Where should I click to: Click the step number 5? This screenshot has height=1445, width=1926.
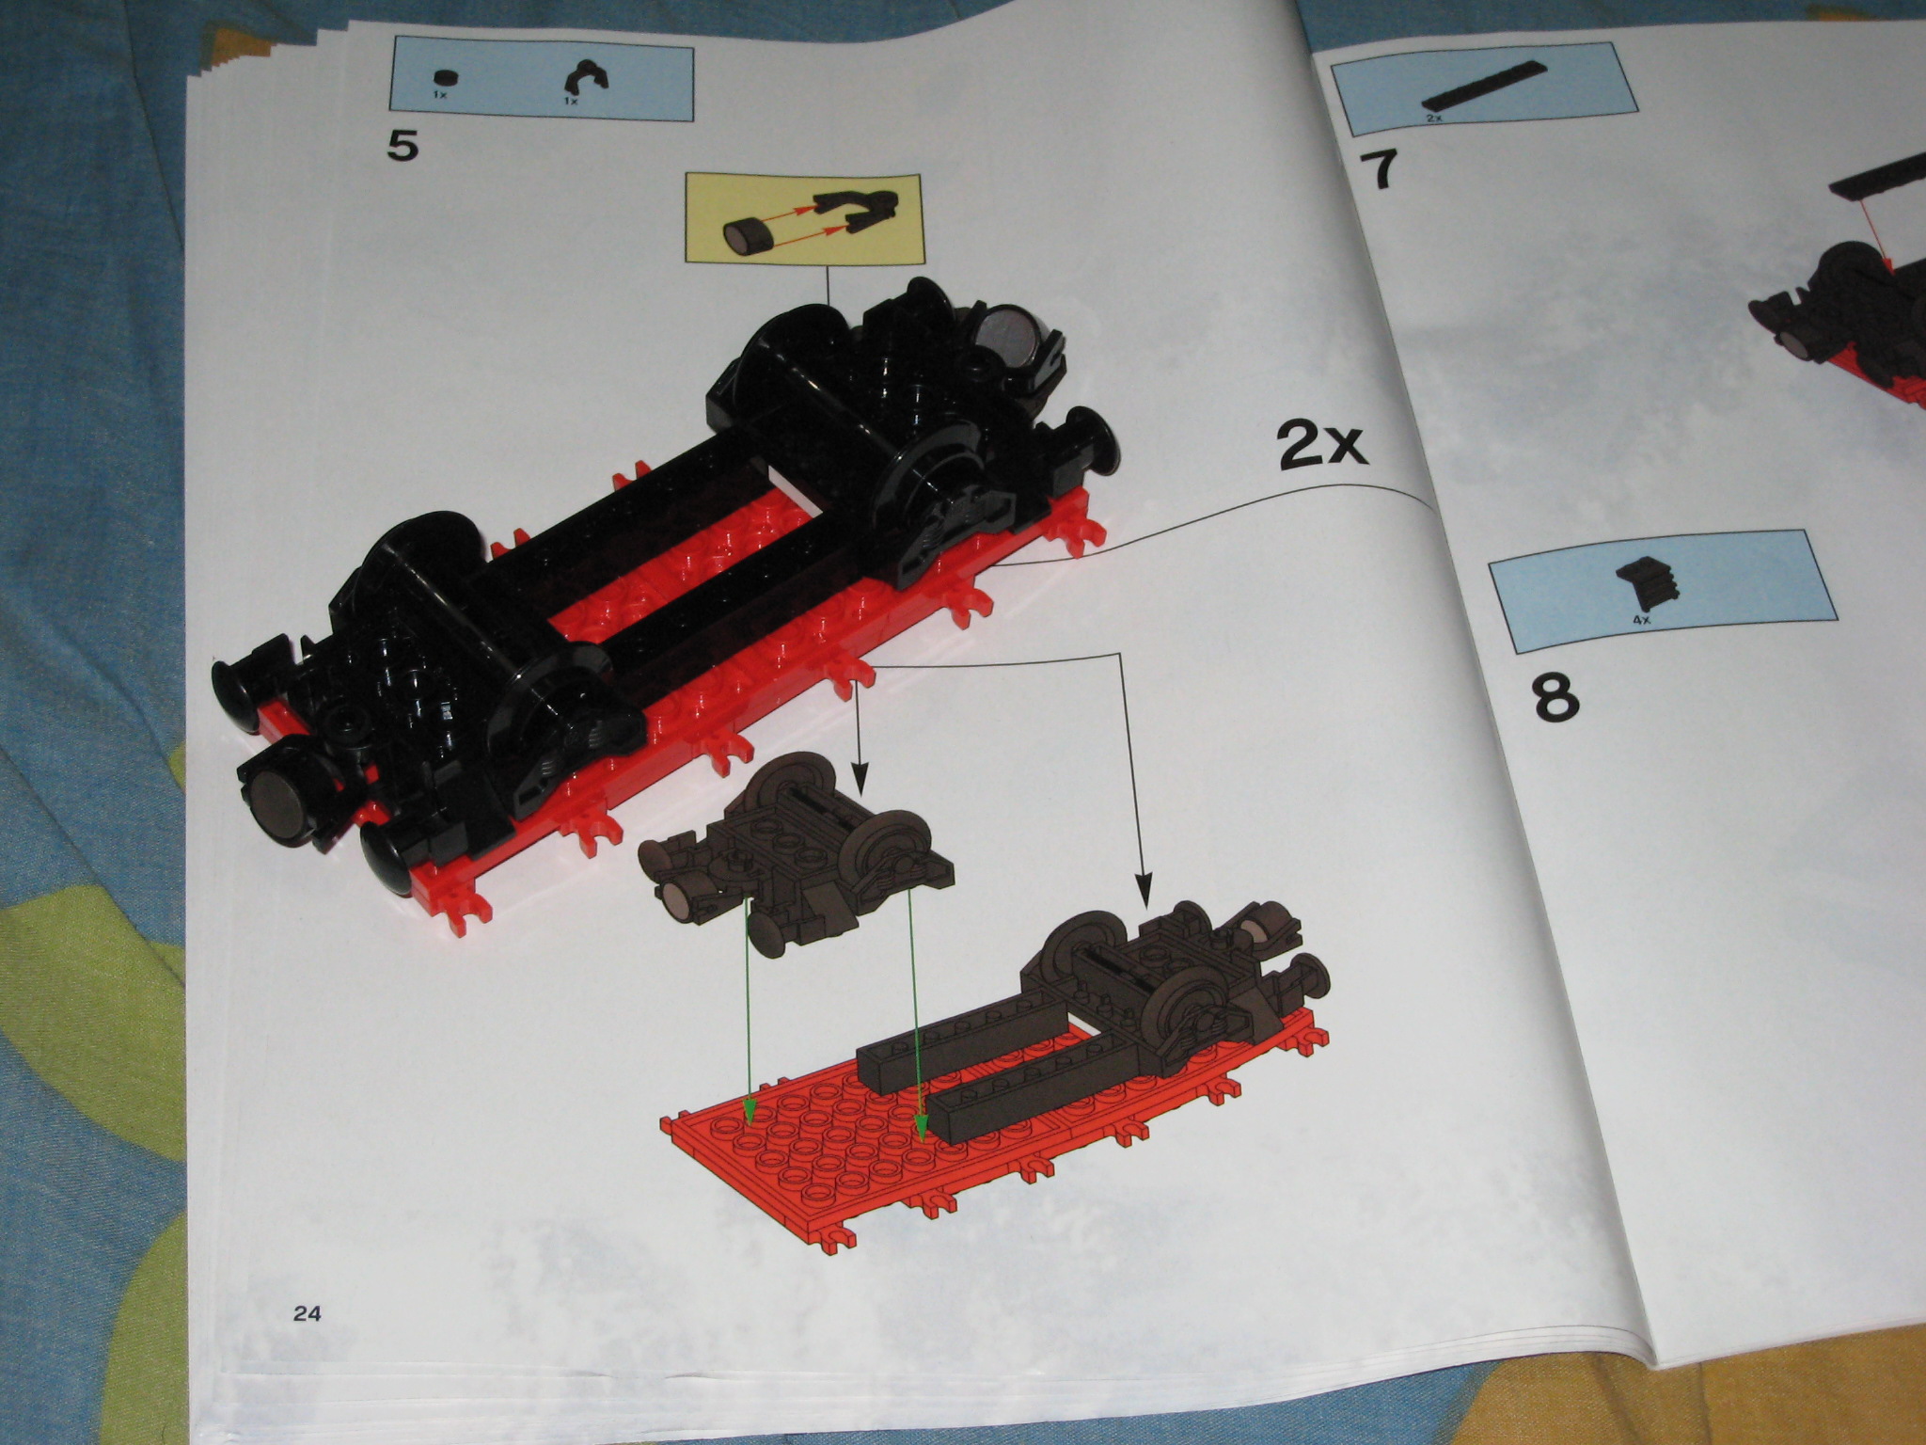[403, 148]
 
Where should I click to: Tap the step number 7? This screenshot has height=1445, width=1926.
[1378, 170]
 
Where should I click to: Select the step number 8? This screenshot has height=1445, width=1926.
[1555, 697]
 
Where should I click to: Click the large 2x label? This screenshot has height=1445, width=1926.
[1321, 446]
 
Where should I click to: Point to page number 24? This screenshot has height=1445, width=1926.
[307, 1313]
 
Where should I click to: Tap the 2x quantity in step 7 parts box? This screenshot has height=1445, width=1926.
[1434, 119]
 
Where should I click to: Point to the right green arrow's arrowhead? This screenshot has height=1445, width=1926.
[922, 1128]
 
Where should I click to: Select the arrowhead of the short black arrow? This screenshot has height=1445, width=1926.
[857, 778]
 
